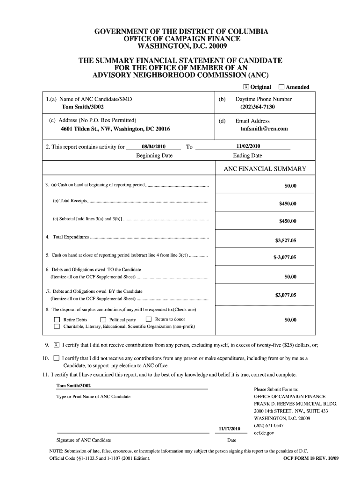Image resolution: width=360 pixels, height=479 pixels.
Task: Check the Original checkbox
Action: click(246, 87)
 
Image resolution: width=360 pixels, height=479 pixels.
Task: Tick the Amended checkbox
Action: click(281, 87)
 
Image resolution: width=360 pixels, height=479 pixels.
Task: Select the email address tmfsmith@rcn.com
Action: click(264, 128)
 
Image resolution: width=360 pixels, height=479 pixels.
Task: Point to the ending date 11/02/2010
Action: click(248, 146)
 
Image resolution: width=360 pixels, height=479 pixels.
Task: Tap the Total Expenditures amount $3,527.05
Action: click(285, 240)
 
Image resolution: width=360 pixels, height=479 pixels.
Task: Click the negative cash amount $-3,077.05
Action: click(285, 257)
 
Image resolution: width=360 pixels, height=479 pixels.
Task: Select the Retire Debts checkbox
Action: click(57, 320)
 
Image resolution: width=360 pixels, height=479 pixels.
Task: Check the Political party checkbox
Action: click(103, 320)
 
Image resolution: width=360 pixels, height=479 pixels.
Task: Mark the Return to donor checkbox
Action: click(149, 319)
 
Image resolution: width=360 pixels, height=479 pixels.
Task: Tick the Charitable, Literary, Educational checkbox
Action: click(57, 326)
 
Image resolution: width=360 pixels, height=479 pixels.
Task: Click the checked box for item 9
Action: click(56, 345)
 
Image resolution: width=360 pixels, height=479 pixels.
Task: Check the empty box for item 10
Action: click(56, 358)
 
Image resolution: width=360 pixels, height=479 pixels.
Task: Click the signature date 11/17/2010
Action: click(230, 428)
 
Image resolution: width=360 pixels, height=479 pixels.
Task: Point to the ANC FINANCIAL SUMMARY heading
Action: click(265, 169)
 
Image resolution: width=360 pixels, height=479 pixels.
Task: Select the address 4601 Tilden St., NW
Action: click(115, 129)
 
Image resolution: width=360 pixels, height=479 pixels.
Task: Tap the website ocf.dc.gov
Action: click(264, 433)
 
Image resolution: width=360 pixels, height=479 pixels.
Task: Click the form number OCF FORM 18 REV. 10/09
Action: click(311, 459)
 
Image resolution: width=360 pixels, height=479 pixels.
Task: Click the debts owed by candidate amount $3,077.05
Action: click(285, 295)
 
